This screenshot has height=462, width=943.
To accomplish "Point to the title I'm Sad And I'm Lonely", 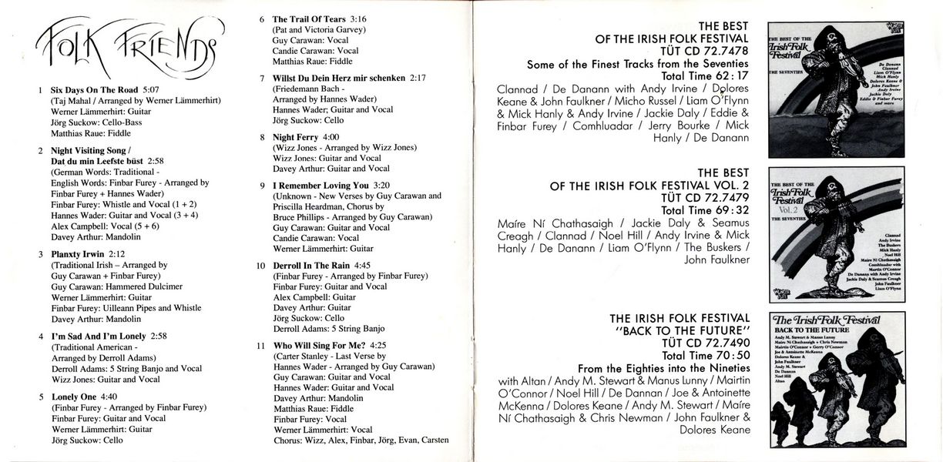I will [99, 336].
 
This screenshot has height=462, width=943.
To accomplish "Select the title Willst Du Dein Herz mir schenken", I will [340, 78].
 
